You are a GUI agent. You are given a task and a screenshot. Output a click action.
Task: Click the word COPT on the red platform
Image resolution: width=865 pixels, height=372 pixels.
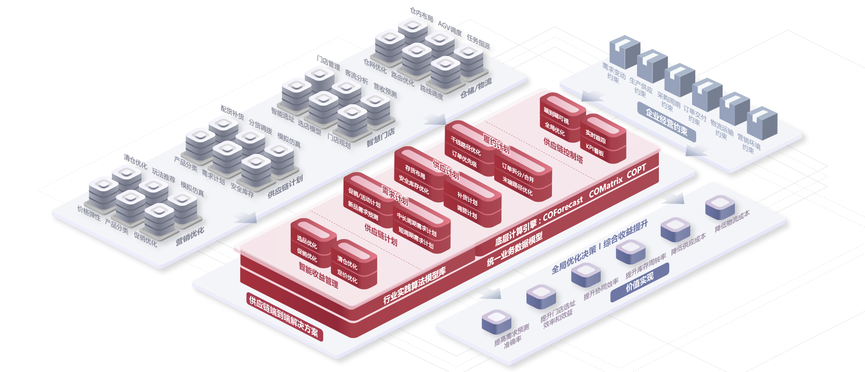point(636,172)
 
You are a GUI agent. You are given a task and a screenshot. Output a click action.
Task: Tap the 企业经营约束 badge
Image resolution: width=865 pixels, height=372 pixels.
point(667,122)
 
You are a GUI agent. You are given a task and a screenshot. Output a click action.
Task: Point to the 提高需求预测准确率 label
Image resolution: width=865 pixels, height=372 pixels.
point(512,336)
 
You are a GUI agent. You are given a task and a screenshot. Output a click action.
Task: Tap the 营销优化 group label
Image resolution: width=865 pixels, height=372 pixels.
point(190,237)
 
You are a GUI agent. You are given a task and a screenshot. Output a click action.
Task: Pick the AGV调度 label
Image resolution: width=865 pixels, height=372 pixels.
point(450,28)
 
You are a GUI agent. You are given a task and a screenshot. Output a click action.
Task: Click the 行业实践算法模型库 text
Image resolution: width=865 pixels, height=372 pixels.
point(414,285)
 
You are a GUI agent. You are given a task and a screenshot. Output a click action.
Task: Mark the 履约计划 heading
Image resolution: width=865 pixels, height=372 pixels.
point(496,143)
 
